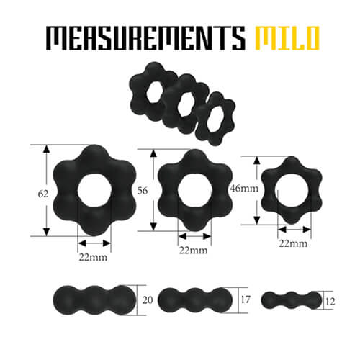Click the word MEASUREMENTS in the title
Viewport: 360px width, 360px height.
(145, 38)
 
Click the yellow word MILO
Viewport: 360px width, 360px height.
(287, 38)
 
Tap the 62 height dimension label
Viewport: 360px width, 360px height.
(43, 194)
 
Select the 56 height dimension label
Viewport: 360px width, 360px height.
(143, 191)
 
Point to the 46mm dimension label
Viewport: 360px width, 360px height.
(244, 189)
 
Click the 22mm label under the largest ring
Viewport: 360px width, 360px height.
(93, 258)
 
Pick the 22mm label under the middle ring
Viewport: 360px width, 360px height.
(193, 251)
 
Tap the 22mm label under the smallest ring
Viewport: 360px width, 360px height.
(293, 243)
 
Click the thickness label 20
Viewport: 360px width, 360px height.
(148, 300)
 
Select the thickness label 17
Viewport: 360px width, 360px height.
(246, 300)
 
